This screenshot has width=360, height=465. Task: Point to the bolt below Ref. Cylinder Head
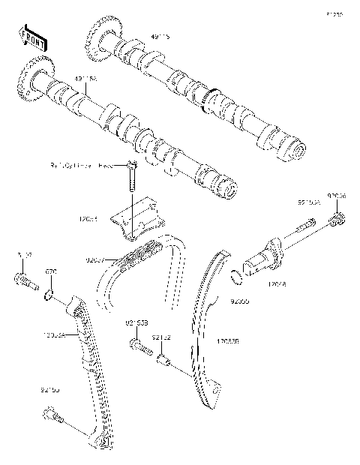132,178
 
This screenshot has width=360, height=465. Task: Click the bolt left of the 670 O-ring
23,283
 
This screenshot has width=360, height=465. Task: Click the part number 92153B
135,323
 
